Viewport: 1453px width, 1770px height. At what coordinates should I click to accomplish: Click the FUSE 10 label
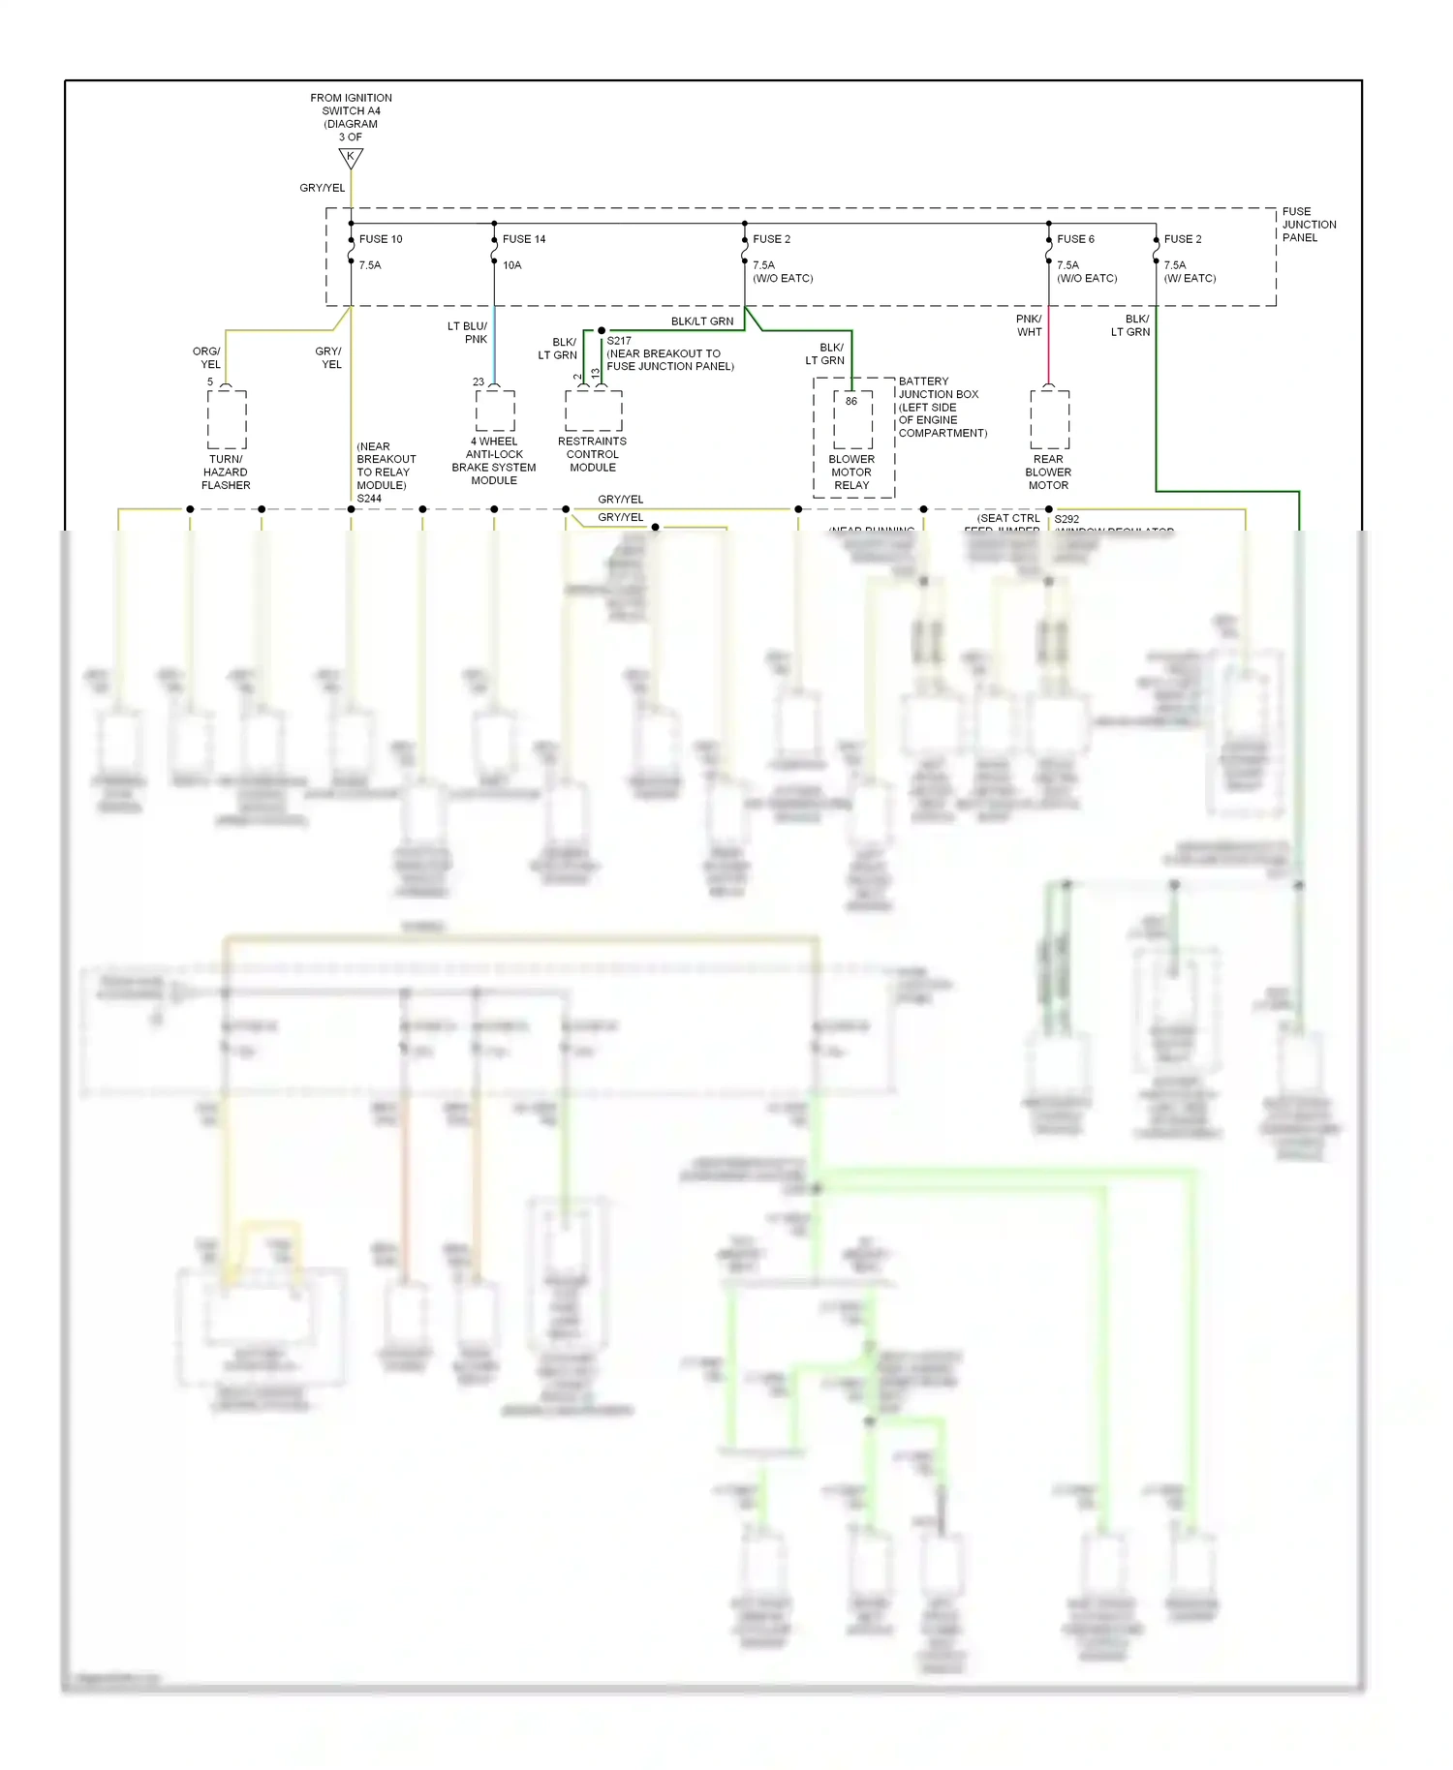coord(381,239)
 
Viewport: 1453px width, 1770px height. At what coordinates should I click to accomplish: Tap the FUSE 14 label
coord(524,239)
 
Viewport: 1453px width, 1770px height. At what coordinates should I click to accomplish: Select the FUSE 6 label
coord(1075,239)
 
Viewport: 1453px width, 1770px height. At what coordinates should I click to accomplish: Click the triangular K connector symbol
coord(351,157)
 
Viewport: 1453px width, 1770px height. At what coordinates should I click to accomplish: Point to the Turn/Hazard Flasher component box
coord(227,420)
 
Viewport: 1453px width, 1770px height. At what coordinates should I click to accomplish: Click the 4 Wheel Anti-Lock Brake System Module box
coord(495,412)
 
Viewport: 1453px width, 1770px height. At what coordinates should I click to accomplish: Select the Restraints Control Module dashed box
coord(593,412)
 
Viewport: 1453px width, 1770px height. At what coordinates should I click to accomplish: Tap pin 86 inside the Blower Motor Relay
coord(851,401)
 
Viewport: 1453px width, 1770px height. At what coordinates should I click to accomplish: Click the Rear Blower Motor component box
coord(1049,420)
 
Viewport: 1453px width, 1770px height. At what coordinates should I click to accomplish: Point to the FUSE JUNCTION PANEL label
coord(1309,225)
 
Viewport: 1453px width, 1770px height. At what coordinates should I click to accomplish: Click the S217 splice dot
coord(602,331)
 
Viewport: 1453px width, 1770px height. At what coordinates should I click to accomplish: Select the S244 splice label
coord(369,499)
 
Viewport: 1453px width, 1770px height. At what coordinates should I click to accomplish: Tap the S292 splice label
coord(1067,519)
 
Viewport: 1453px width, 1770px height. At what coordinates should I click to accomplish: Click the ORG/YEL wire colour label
coord(207,358)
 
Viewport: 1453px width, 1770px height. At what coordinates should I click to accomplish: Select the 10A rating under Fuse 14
coord(511,265)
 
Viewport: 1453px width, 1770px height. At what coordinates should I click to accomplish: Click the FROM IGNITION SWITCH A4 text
coord(351,105)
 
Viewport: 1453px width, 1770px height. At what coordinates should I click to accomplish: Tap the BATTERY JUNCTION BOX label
coord(938,388)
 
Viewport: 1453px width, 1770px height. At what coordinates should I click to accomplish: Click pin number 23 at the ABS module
coord(479,382)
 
